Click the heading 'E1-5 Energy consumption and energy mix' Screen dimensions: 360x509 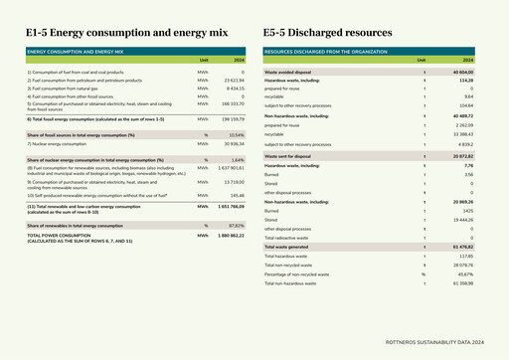click(x=126, y=33)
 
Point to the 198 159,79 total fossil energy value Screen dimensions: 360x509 click(x=232, y=118)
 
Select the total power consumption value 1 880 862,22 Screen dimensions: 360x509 click(x=230, y=236)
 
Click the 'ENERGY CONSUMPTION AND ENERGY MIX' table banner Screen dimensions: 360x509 click(x=76, y=50)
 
